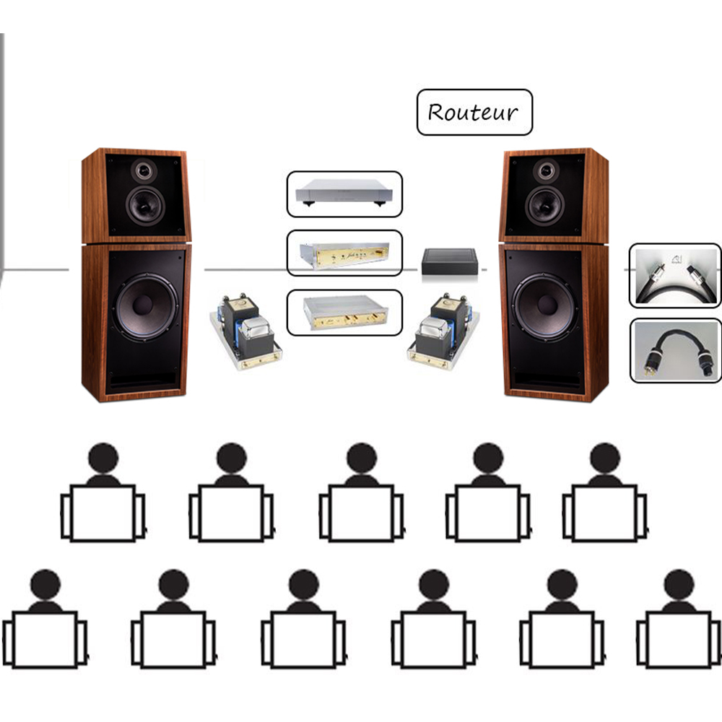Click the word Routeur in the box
(474, 112)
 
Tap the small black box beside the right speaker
(449, 264)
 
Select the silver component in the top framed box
(344, 193)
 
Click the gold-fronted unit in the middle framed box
(344, 253)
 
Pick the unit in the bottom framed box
(344, 313)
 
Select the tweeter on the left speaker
(144, 170)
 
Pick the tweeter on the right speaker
(544, 170)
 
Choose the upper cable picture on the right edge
(675, 277)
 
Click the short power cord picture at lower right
(675, 351)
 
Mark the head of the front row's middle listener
(360, 458)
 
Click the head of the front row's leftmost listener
(103, 458)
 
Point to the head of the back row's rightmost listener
(679, 584)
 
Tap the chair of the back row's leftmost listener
(44, 640)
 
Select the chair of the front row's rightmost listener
(604, 513)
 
